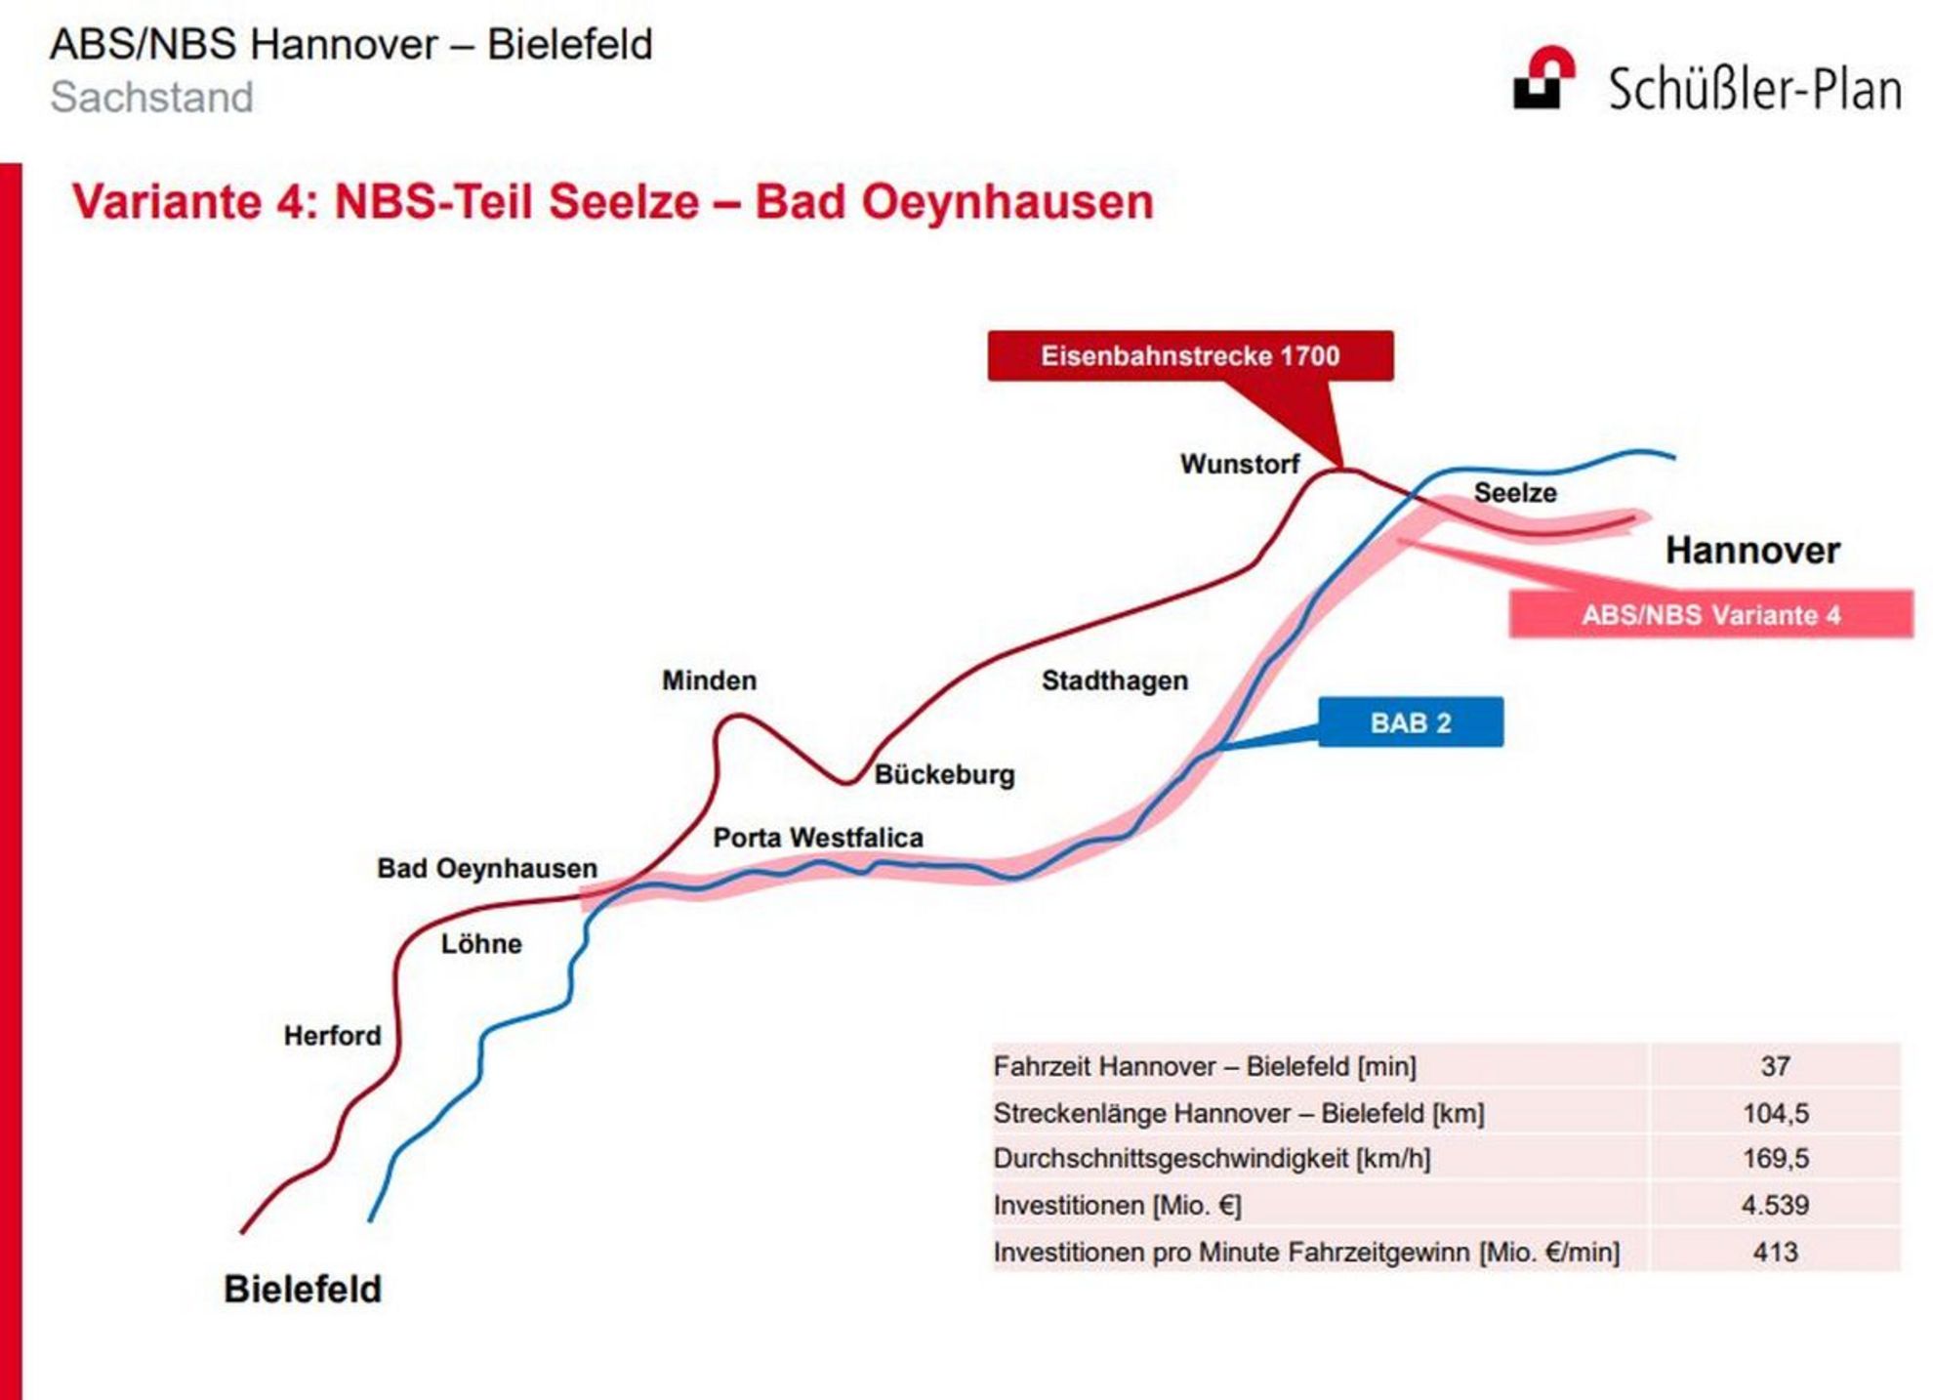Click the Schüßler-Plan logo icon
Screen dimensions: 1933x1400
click(x=1543, y=77)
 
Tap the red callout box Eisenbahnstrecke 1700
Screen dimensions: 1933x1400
click(x=1190, y=355)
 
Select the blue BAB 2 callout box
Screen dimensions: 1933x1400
click(x=1411, y=722)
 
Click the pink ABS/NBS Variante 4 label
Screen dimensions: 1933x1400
click(x=1710, y=614)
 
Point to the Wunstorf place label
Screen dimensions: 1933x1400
click(x=1240, y=464)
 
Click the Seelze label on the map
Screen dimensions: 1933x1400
click(x=1515, y=493)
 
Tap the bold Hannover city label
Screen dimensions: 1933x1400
click(x=1752, y=550)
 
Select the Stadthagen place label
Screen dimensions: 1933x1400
click(x=1115, y=680)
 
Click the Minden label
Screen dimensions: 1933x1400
click(x=709, y=680)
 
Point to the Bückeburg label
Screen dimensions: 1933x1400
click(x=944, y=774)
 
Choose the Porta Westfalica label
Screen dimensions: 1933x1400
click(x=818, y=838)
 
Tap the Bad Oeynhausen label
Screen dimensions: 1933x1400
click(x=487, y=869)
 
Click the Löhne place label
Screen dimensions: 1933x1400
click(x=481, y=944)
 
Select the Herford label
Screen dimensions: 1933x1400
click(x=332, y=1036)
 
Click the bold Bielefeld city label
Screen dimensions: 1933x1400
click(x=303, y=1290)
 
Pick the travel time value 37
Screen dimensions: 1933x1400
click(x=1775, y=1066)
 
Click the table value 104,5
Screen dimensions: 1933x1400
click(x=1775, y=1113)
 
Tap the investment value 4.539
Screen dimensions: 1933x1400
click(x=1775, y=1205)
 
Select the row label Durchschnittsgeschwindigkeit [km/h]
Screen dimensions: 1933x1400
click(x=1212, y=1159)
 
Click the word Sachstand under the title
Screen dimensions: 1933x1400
click(x=151, y=97)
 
